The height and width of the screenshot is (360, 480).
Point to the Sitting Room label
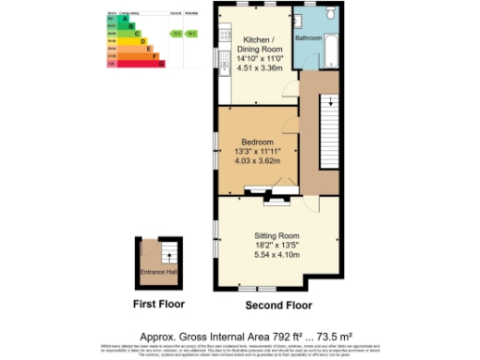tap(277, 235)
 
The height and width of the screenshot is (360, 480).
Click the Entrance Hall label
tap(158, 272)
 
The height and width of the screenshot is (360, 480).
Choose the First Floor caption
tap(158, 304)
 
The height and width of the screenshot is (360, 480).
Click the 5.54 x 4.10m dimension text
tap(277, 255)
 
